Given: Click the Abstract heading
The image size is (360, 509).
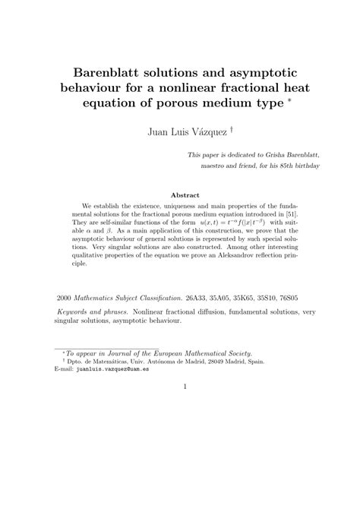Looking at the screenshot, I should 185,194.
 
